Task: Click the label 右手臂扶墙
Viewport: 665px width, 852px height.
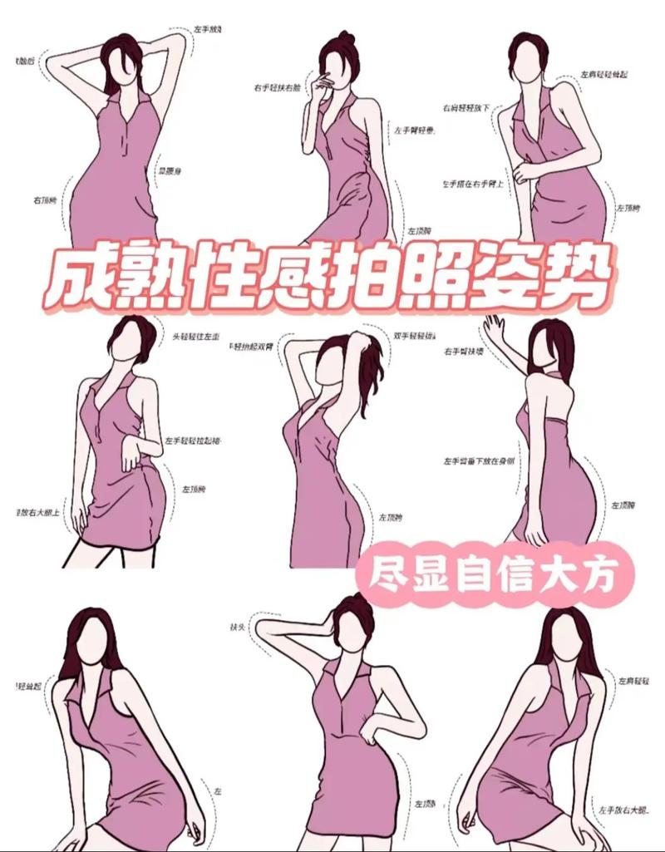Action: (464, 352)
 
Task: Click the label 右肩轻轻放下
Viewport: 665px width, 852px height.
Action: (468, 107)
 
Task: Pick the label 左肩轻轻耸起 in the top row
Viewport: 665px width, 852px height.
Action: (604, 75)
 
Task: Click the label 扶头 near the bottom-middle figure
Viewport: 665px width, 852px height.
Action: (236, 625)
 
